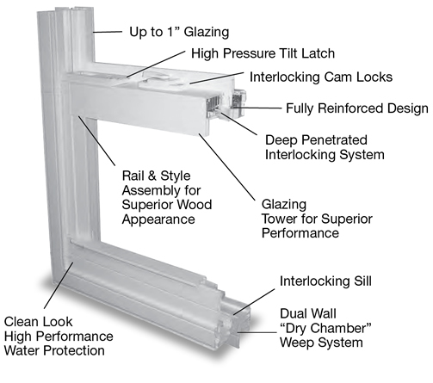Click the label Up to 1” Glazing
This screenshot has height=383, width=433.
pos(179,32)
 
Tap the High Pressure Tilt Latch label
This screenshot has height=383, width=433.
pos(263,53)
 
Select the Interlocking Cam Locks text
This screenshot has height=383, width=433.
pos(321,77)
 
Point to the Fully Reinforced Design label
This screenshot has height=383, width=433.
pos(357,108)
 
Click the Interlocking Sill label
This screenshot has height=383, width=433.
pos(325,281)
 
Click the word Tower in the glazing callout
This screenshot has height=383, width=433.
pos(280,219)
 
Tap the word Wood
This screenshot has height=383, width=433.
pos(194,205)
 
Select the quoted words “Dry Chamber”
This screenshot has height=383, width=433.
pos(325,328)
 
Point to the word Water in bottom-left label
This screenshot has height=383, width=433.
pos(22,350)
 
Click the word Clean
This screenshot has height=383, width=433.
pos(21,322)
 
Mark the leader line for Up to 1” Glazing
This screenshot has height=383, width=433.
pos(108,32)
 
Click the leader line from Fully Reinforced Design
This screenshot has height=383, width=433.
pos(257,108)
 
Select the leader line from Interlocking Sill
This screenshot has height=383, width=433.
pos(254,302)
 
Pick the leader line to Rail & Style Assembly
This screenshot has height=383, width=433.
pos(96,140)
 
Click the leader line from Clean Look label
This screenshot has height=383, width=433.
pos(59,286)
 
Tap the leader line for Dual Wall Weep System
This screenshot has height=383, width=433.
pos(257,333)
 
